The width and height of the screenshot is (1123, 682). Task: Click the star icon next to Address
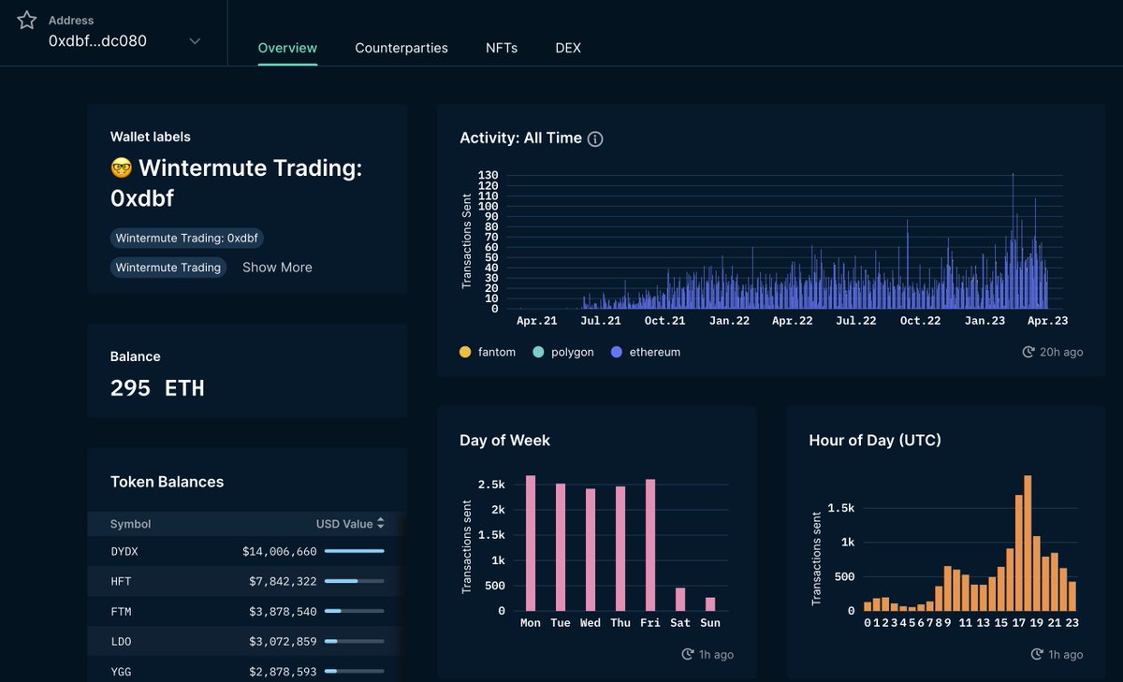pyautogui.click(x=27, y=21)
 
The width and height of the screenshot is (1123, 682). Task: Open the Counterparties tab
pyautogui.click(x=401, y=48)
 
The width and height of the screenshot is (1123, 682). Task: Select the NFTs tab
pyautogui.click(x=502, y=48)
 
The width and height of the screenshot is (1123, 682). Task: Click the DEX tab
pyautogui.click(x=568, y=48)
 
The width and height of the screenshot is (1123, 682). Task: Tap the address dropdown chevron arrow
pyautogui.click(x=195, y=41)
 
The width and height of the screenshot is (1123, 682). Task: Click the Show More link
pyautogui.click(x=277, y=268)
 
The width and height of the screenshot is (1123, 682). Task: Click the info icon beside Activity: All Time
pyautogui.click(x=595, y=138)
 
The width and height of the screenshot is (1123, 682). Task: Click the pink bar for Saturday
pyautogui.click(x=680, y=599)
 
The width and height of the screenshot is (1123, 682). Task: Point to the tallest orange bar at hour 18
pyautogui.click(x=1028, y=543)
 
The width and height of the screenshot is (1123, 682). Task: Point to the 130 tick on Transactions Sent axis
pyautogui.click(x=488, y=175)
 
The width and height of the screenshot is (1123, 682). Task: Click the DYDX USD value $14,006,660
pyautogui.click(x=279, y=552)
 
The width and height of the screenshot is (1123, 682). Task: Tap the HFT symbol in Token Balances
pyautogui.click(x=121, y=582)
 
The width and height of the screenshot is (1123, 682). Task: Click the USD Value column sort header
pyautogui.click(x=349, y=524)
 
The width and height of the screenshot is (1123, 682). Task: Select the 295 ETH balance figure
pyautogui.click(x=157, y=388)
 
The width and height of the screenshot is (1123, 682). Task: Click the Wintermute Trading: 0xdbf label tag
pyautogui.click(x=186, y=239)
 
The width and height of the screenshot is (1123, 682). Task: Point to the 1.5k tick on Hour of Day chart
pyautogui.click(x=841, y=508)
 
